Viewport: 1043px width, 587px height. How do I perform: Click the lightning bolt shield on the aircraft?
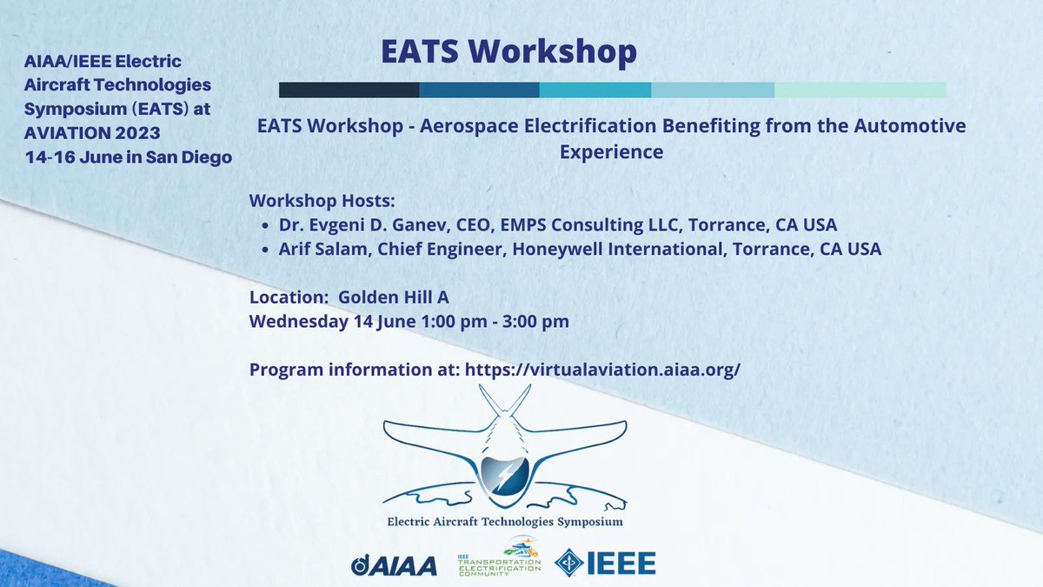tap(505, 474)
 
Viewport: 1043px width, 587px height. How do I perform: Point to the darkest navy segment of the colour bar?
tap(349, 90)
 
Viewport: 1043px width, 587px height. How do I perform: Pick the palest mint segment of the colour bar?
tap(860, 90)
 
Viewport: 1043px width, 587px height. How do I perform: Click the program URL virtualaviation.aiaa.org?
tap(603, 369)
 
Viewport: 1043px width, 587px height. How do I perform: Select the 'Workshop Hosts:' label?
tap(310, 201)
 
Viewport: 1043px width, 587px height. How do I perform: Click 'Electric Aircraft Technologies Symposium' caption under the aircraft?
tap(504, 522)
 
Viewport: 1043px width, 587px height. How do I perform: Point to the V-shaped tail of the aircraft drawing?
tap(505, 403)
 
